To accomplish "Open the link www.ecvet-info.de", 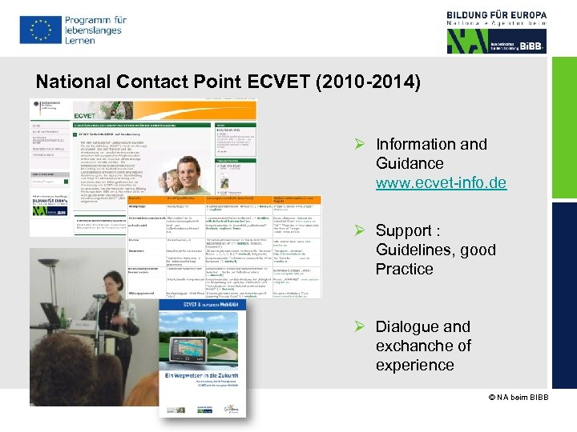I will [x=441, y=182].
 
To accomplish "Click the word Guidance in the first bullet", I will [x=409, y=163].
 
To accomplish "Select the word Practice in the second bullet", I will [x=404, y=269].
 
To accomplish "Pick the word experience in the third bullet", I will [x=414, y=365].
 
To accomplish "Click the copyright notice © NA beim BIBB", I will [x=518, y=398].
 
